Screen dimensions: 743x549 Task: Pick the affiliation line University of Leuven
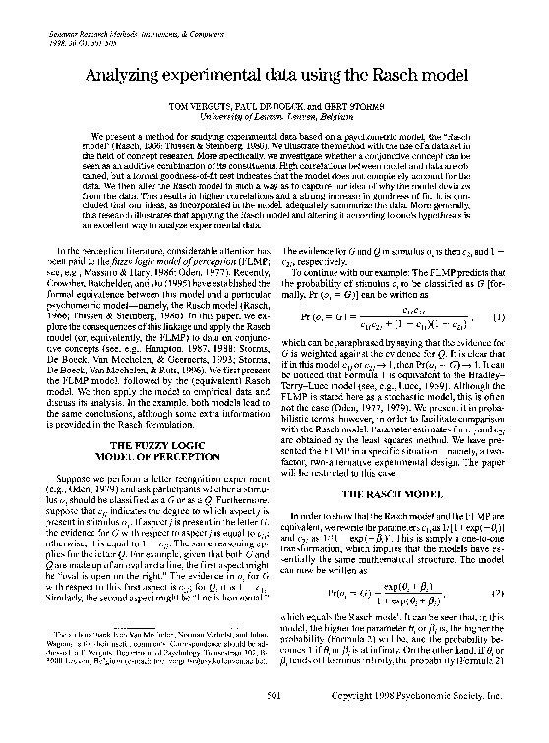274,114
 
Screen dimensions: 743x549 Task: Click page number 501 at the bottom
274,726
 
